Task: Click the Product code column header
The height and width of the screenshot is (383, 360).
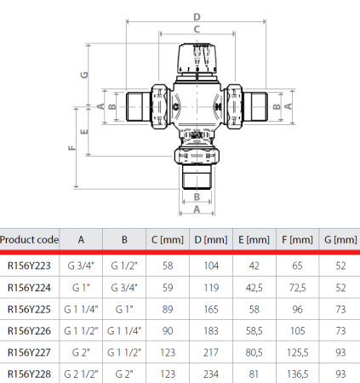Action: click(x=29, y=240)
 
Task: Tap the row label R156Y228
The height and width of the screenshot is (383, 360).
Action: click(x=29, y=372)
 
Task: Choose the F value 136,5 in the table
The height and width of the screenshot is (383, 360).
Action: click(x=297, y=372)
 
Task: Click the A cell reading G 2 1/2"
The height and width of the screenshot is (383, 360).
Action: click(x=81, y=372)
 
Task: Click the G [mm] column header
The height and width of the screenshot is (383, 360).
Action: click(x=340, y=240)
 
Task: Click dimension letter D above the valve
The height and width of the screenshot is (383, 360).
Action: click(x=196, y=16)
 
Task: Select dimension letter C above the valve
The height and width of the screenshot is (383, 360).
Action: click(x=196, y=29)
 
